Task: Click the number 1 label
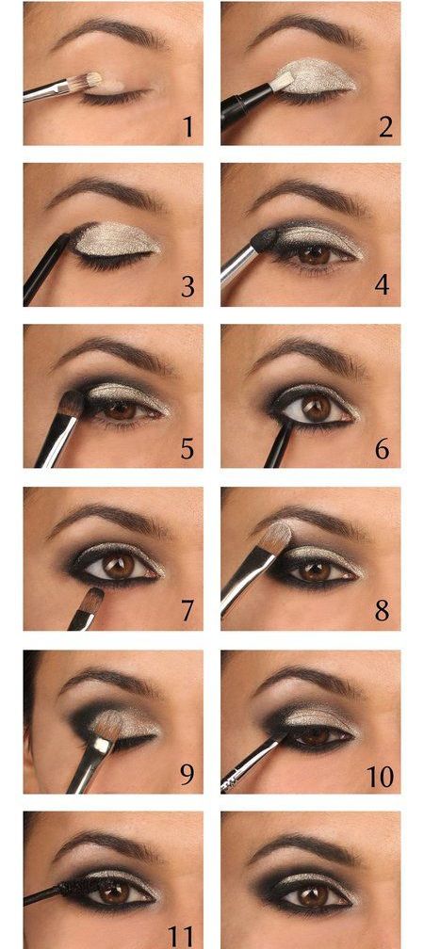(188, 127)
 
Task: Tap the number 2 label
(385, 127)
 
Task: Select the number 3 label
(188, 286)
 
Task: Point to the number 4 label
(383, 285)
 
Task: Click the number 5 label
(188, 449)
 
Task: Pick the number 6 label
(383, 449)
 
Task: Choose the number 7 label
(188, 612)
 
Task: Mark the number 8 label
(383, 611)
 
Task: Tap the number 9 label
(188, 774)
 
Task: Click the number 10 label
(380, 775)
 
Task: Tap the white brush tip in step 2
(283, 80)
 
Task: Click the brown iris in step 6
(317, 410)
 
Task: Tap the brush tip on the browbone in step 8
(277, 536)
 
